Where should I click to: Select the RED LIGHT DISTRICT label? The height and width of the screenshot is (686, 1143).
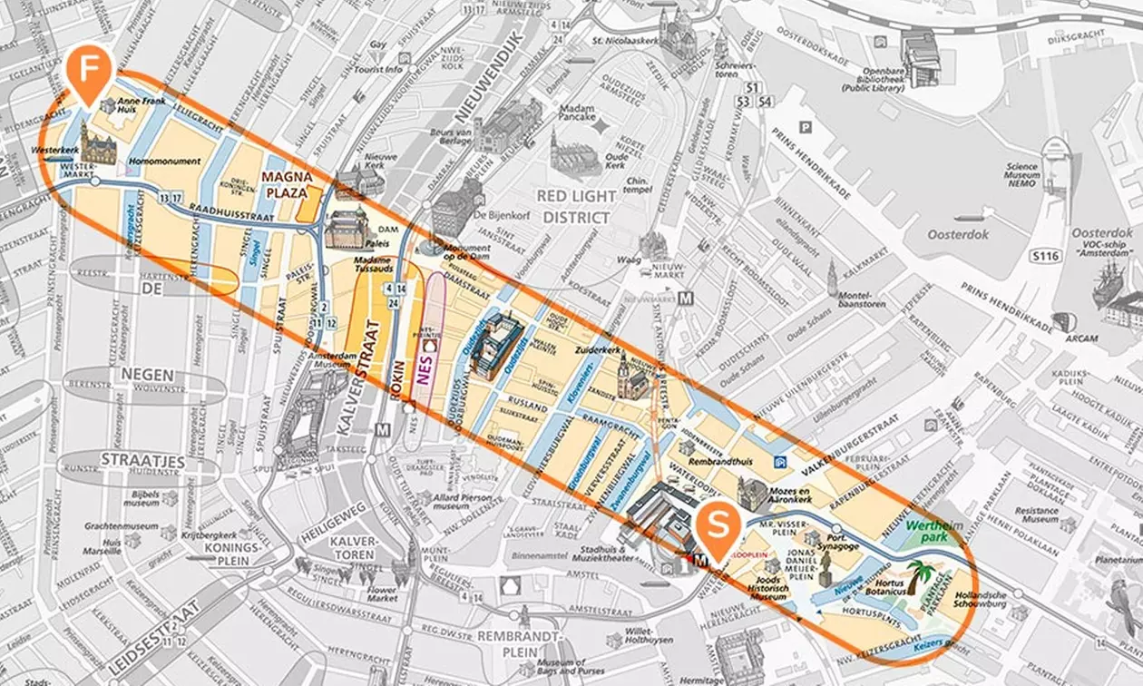pos(576,206)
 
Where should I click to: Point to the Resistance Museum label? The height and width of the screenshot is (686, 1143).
pos(1037,514)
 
